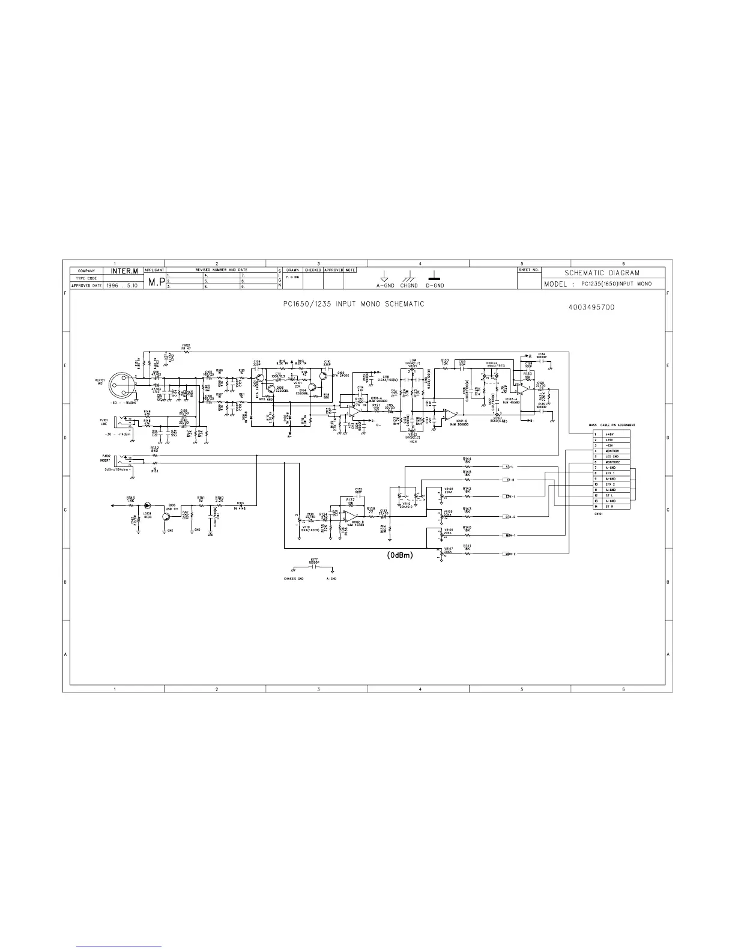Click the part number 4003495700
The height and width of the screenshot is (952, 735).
[590, 307]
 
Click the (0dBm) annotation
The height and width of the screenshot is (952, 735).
[399, 555]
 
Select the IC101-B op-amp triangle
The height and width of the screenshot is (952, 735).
[449, 413]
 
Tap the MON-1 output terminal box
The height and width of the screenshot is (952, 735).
[506, 535]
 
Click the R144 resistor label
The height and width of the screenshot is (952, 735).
[467, 459]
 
